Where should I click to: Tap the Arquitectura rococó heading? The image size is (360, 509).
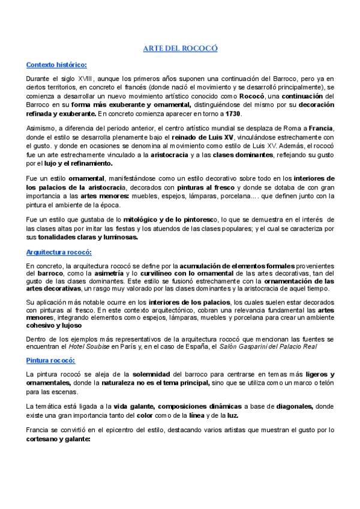tap(58, 253)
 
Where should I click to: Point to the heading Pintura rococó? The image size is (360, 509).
tap(50, 361)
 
